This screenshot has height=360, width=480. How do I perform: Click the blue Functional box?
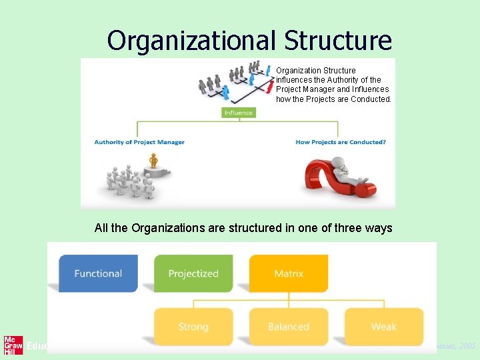coord(98,273)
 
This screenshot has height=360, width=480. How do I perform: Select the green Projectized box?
coord(193,273)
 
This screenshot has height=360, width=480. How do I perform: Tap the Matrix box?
coord(289,273)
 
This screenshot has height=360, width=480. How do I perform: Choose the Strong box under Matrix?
coord(193,327)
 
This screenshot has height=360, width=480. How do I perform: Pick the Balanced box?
coord(289,327)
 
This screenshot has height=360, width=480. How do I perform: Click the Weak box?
coord(384,327)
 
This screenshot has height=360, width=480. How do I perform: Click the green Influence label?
coord(239,113)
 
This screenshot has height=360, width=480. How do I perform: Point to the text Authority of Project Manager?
coord(139,142)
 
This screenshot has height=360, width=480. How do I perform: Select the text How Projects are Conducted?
coord(341,142)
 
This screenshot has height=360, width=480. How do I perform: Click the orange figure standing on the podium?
coord(154,161)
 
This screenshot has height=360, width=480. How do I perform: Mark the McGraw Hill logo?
coord(13,345)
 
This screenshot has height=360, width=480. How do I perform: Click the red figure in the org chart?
coord(269,86)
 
